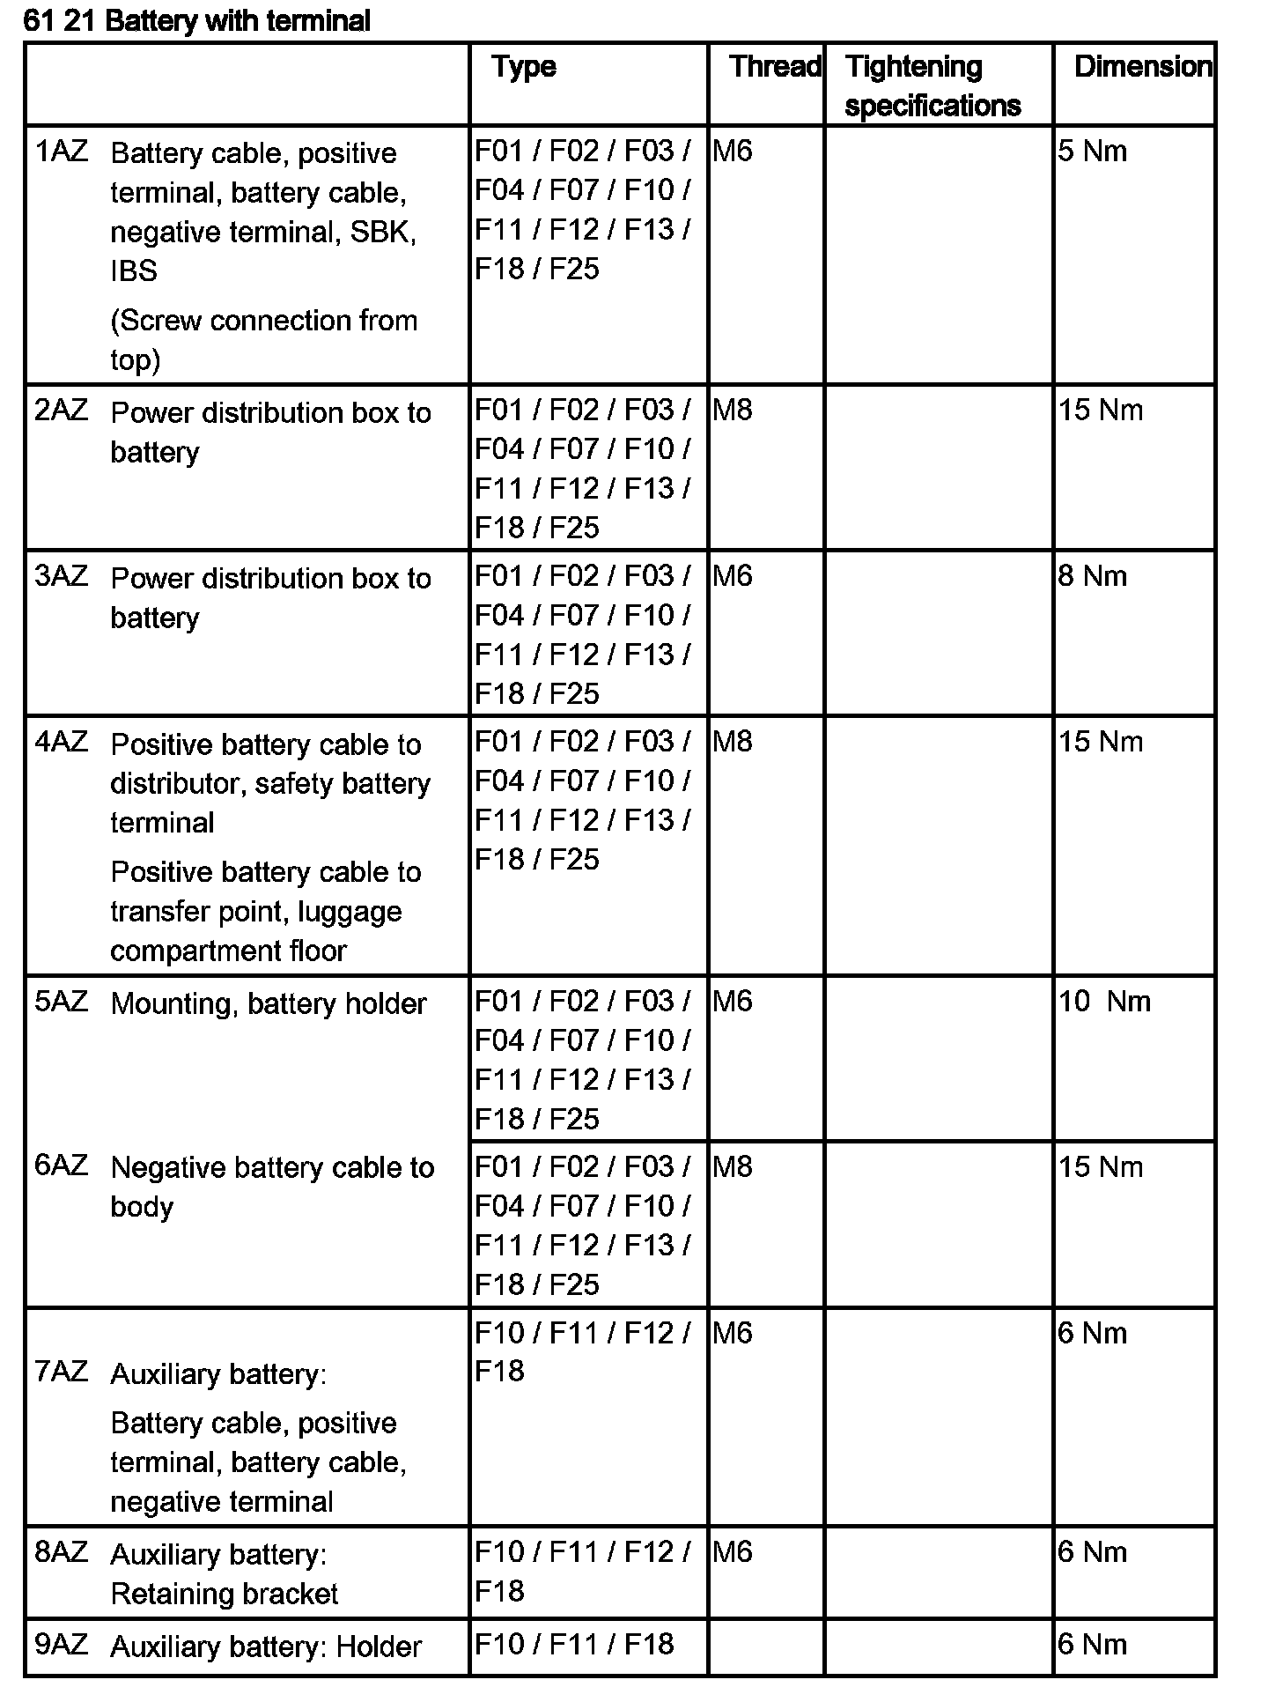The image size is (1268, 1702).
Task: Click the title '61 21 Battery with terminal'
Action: pos(197,20)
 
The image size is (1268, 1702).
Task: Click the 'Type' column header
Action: pos(524,67)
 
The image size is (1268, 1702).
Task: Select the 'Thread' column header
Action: pos(775,67)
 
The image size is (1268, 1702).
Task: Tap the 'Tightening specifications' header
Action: pos(932,86)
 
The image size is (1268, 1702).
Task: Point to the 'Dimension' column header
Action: pos(1142,67)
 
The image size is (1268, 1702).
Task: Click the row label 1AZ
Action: pos(62,152)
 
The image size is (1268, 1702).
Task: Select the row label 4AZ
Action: pos(62,742)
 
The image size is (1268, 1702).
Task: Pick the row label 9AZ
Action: pos(62,1644)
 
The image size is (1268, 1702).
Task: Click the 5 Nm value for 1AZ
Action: pos(1093,152)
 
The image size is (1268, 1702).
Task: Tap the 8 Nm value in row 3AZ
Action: pos(1093,576)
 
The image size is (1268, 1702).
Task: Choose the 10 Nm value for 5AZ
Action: pos(1105,1002)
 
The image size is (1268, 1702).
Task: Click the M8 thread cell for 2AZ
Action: pos(733,411)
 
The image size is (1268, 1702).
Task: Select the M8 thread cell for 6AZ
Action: pos(733,1167)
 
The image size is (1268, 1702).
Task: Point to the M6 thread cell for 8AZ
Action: pos(733,1551)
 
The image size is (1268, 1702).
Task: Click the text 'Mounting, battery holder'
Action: pos(269,1004)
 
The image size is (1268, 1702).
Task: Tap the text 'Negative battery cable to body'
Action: pos(272,1187)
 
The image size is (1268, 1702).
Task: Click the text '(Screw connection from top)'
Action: pos(263,340)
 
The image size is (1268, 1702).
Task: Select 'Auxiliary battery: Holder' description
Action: pos(266,1646)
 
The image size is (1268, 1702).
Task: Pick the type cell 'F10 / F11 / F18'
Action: pos(574,1644)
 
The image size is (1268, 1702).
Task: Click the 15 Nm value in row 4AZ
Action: pos(1101,742)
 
